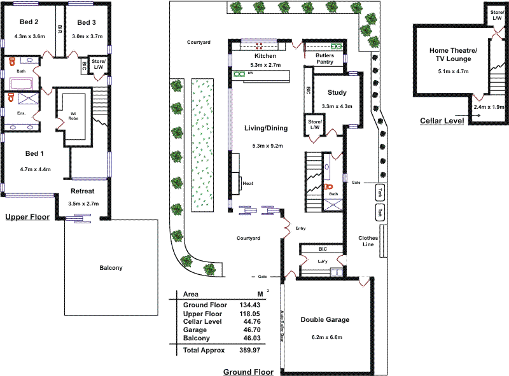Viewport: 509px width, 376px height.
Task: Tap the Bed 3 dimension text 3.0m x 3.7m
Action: [87, 36]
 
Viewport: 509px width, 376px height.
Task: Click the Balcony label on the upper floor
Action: [111, 268]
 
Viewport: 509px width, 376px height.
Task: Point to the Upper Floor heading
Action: [27, 217]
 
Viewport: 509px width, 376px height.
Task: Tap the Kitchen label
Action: [265, 56]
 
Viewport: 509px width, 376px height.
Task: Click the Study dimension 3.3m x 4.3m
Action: [337, 106]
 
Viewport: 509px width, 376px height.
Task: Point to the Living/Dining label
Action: [266, 128]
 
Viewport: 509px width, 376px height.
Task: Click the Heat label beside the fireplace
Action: [248, 184]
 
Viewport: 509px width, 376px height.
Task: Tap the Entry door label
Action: [301, 227]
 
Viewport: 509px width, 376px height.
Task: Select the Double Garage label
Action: [325, 320]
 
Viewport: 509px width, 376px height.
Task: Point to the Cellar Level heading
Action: [441, 120]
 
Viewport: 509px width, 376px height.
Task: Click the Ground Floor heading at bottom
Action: [248, 372]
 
